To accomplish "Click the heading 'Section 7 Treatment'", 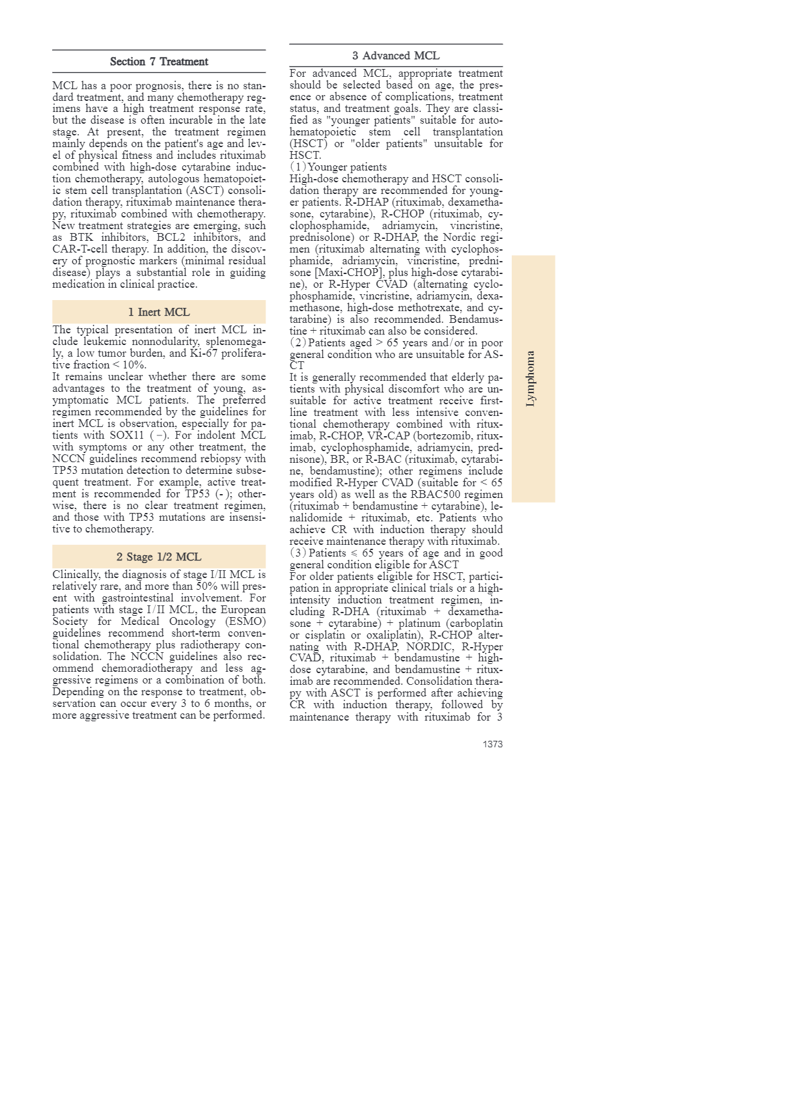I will click(x=159, y=62).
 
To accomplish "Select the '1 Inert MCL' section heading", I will click(x=159, y=312).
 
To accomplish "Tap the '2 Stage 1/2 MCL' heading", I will click(x=159, y=557).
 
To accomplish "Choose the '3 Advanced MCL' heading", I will click(x=396, y=56).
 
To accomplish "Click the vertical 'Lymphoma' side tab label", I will click(x=531, y=379).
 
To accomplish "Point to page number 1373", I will click(x=492, y=744).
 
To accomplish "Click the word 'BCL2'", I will click(x=171, y=238).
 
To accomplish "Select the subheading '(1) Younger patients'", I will click(x=338, y=167).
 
